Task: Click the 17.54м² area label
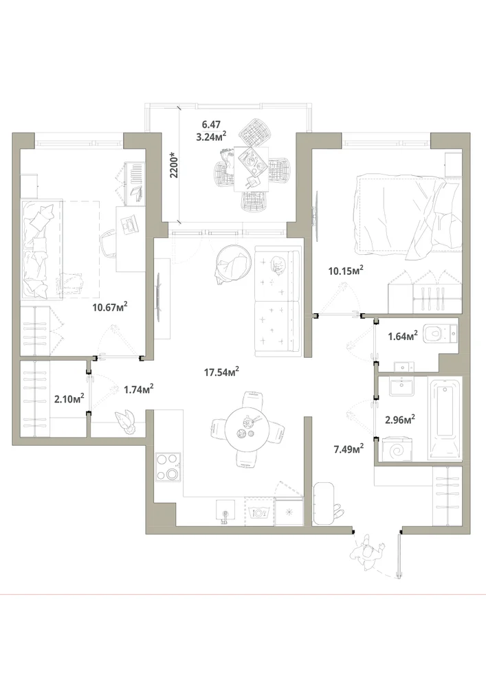pos(221,372)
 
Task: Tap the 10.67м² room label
pos(110,307)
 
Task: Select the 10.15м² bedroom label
pos(346,271)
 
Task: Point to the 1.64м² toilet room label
pos(403,337)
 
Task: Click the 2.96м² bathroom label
pos(400,420)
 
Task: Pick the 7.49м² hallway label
pos(349,449)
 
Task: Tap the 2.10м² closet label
pos(69,398)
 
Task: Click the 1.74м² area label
pos(138,389)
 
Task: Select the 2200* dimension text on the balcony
pos(175,164)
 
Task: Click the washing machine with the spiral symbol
pos(397,448)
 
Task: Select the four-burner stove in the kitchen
pos(168,466)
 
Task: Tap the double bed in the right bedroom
pos(409,214)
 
